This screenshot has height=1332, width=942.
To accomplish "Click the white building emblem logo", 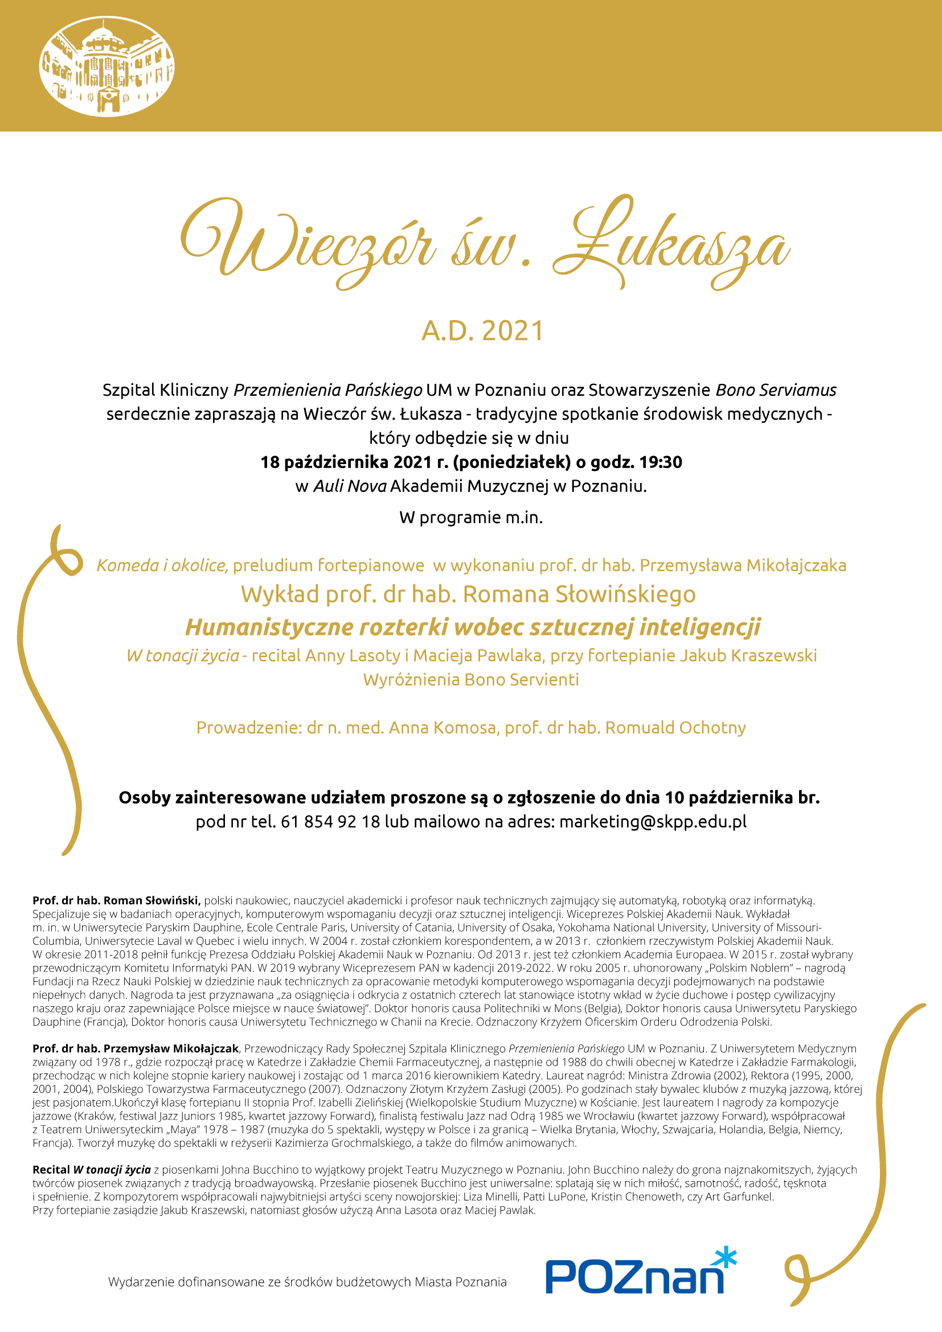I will (x=107, y=67).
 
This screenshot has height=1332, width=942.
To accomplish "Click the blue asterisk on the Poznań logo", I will (x=725, y=1258).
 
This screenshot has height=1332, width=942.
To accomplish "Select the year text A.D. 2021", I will (x=482, y=331).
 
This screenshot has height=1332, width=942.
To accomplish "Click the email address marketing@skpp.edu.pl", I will (x=653, y=822).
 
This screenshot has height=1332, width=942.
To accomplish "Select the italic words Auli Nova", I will (x=350, y=486).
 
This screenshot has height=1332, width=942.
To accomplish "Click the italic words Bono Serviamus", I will (x=776, y=390).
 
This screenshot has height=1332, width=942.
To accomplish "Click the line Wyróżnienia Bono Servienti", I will (x=471, y=679).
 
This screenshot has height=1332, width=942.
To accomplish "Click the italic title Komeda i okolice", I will (x=162, y=565).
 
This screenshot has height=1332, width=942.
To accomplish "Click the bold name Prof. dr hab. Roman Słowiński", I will (x=117, y=900).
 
